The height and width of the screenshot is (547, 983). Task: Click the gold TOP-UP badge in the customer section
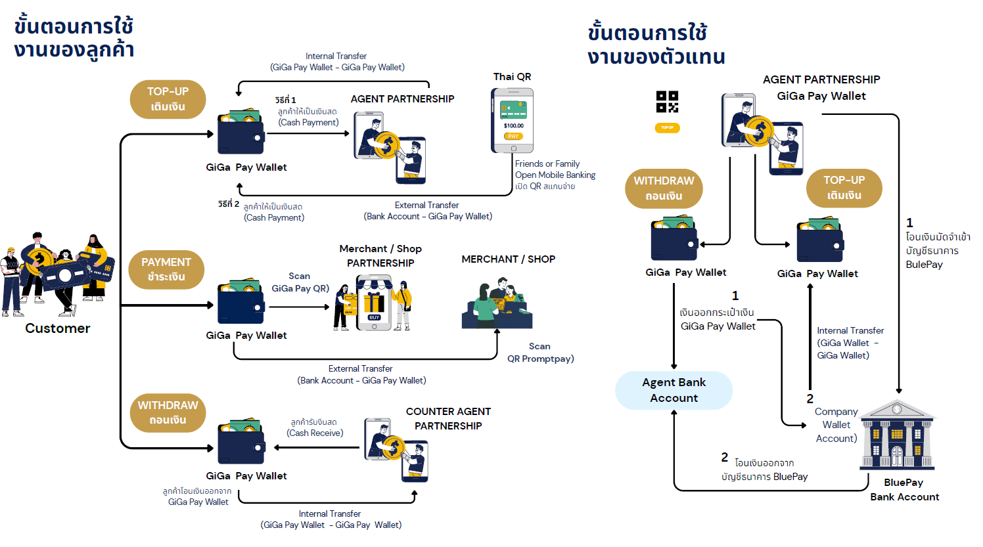(x=168, y=99)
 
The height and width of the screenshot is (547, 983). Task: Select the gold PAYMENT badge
(x=166, y=269)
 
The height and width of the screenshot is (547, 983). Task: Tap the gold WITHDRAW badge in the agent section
(x=664, y=188)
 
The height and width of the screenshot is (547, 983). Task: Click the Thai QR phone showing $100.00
(x=513, y=120)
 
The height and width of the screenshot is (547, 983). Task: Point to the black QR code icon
(x=667, y=102)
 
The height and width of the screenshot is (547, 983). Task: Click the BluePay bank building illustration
(x=897, y=435)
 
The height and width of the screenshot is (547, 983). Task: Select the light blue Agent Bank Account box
(x=674, y=390)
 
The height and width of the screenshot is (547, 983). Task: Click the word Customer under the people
(x=58, y=328)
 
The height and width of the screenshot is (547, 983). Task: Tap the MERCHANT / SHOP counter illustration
(x=497, y=303)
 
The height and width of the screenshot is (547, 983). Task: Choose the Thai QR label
(x=512, y=77)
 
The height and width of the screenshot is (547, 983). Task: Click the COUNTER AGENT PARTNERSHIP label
(x=448, y=418)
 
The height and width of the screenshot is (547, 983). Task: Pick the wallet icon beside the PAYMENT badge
(x=240, y=303)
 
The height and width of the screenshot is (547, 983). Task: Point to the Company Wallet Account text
(x=836, y=425)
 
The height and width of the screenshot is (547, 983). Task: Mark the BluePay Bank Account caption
(x=904, y=490)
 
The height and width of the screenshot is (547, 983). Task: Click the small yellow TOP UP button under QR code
(x=667, y=127)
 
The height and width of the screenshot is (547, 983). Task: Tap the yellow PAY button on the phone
(x=513, y=136)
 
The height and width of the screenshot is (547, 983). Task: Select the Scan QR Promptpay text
(x=540, y=353)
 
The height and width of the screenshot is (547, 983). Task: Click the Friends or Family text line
(x=547, y=164)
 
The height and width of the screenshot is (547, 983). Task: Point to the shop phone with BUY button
(x=374, y=303)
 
